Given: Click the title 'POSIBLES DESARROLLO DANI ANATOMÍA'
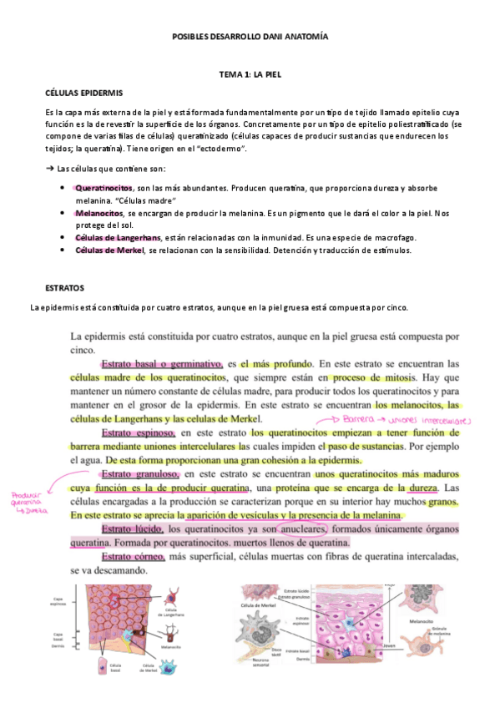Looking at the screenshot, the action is click(x=250, y=38).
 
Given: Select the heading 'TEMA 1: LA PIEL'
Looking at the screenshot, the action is click(x=250, y=74).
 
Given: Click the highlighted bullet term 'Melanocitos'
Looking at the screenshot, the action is click(x=98, y=213).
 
